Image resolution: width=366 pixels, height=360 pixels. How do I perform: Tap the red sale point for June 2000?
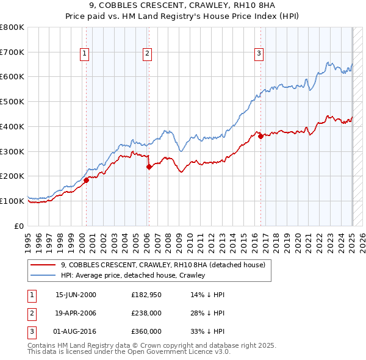86,180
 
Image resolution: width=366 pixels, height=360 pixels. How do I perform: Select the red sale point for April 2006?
149,166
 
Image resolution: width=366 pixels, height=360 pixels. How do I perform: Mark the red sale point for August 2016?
260,136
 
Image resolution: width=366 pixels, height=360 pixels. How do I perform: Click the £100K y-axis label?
13,201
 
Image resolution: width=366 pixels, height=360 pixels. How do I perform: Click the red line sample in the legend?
42,265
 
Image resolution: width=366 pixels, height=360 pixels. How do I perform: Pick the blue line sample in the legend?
42,276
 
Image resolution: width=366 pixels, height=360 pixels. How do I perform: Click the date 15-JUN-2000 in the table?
76,295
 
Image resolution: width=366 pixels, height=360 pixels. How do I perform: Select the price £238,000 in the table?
146,313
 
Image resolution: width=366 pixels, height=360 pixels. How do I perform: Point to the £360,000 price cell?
146,331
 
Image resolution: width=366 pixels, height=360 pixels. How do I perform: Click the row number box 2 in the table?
30,313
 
